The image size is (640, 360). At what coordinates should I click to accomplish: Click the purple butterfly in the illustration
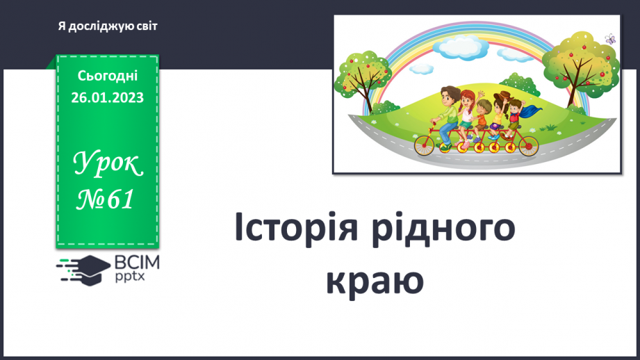pyautogui.click(x=610, y=39)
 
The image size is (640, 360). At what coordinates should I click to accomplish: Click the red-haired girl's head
pyautogui.click(x=468, y=98)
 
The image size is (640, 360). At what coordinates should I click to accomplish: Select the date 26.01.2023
pyautogui.click(x=107, y=98)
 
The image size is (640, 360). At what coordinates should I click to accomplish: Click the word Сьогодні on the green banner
pyautogui.click(x=107, y=76)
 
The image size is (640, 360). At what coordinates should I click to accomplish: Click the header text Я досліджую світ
pyautogui.click(x=108, y=26)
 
